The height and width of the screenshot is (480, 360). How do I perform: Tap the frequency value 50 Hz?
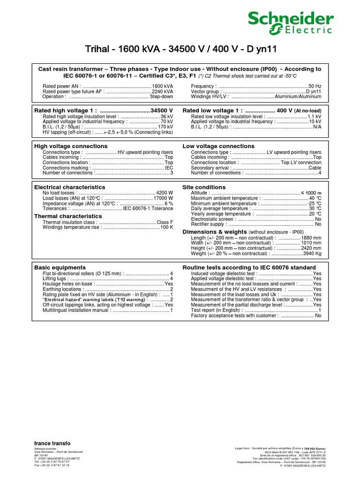[x=315, y=86]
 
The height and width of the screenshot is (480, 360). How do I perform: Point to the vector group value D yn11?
[x=314, y=91]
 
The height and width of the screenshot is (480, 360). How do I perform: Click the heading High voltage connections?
[x=71, y=147]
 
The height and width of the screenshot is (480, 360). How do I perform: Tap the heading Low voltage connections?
[x=218, y=147]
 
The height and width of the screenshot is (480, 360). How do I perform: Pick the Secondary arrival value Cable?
[x=315, y=167]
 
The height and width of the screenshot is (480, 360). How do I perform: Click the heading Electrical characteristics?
[x=69, y=187]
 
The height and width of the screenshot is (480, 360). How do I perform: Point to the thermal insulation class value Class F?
[x=165, y=222]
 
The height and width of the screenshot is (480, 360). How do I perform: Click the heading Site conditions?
[x=203, y=187]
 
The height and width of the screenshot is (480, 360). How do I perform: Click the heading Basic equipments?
[x=60, y=267]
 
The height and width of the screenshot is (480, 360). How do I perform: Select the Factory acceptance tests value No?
[x=318, y=315]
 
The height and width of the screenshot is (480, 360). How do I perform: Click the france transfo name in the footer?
[x=52, y=443]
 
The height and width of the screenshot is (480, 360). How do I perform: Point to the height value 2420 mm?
[x=311, y=248]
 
